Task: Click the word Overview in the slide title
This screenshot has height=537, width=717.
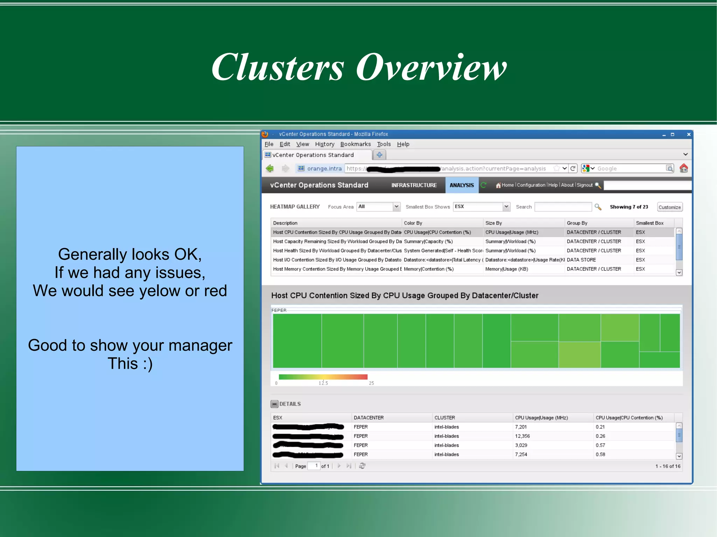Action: [431, 68]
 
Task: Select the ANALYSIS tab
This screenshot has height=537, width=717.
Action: [461, 185]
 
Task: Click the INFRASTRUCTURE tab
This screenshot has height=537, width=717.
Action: [414, 185]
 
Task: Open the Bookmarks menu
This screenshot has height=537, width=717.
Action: [355, 144]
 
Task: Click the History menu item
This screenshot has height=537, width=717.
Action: [324, 144]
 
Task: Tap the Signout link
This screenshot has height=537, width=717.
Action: [584, 185]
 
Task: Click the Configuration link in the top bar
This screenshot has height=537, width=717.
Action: [531, 185]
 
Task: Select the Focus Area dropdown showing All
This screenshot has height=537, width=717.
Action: [378, 207]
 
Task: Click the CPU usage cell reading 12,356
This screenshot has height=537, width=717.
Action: [522, 436]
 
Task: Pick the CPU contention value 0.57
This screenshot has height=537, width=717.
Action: [600, 445]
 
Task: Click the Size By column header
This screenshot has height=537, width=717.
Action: [493, 223]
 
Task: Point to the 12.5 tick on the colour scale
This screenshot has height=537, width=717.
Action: [323, 382]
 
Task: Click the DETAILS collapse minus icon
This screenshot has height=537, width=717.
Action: [274, 404]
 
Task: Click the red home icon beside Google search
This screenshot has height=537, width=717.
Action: [683, 168]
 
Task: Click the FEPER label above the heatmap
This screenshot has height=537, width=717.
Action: [279, 310]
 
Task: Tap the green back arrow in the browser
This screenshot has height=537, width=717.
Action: [270, 168]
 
